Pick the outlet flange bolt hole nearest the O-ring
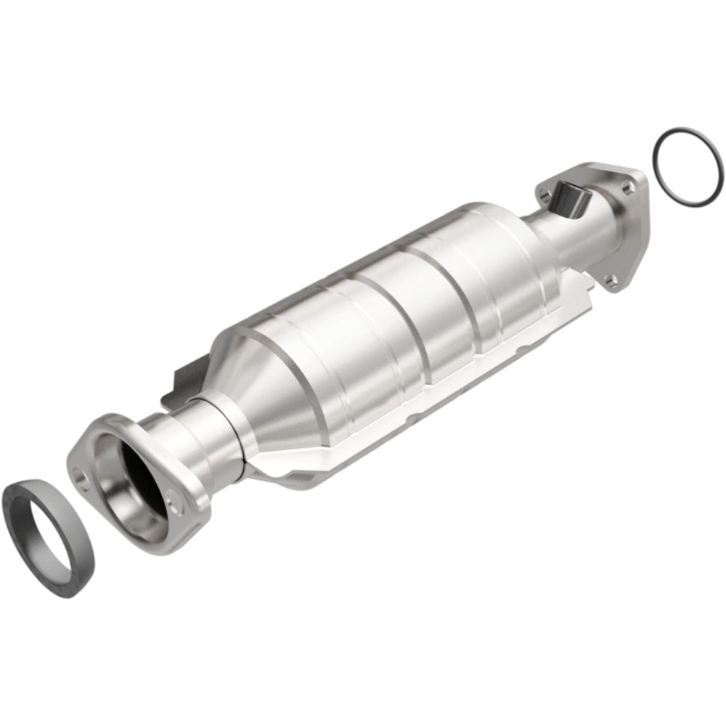tap(627, 187)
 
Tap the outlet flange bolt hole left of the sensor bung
tap(544, 193)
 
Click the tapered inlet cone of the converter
tap(276, 392)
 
